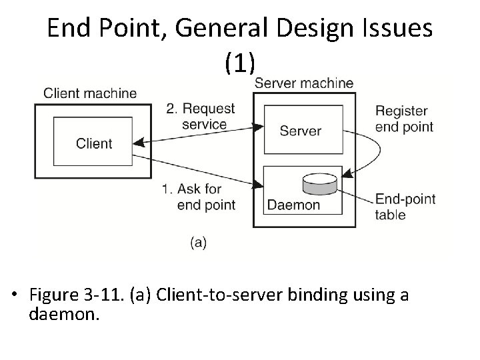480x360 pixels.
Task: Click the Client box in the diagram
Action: [94, 143]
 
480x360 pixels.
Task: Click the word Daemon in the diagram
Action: [293, 205]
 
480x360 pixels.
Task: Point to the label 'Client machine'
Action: [90, 93]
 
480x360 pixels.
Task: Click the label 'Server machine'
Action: [304, 83]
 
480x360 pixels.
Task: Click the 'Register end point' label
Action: [404, 119]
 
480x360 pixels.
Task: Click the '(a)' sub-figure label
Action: [198, 243]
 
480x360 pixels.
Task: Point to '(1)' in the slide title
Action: [239, 63]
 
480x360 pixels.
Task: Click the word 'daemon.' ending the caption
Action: [64, 314]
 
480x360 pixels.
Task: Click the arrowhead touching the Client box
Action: [138, 142]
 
